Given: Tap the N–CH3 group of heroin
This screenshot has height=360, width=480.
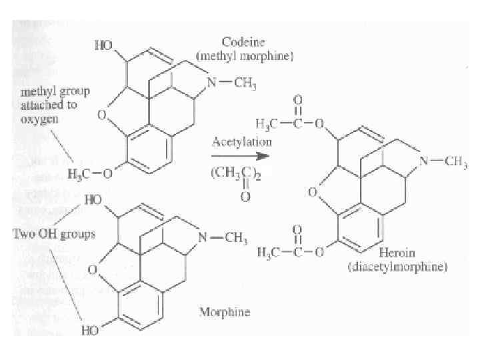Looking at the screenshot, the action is pyautogui.click(x=447, y=162).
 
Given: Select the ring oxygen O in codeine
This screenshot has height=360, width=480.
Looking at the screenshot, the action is pyautogui.click(x=102, y=115).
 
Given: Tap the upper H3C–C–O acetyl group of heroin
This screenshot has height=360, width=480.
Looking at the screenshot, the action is pyautogui.click(x=289, y=123).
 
